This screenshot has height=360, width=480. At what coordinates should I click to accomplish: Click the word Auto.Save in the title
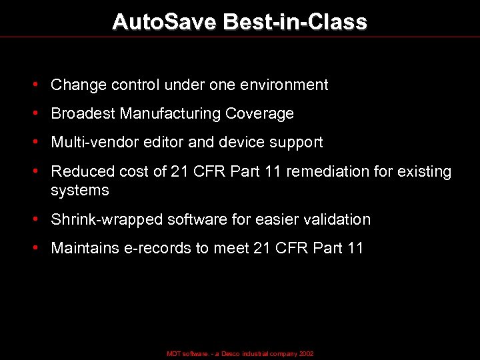165,22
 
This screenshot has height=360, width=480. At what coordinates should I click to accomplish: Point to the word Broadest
83,114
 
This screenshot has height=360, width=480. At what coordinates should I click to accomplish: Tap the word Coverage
259,114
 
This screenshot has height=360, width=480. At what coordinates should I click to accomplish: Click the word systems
79,191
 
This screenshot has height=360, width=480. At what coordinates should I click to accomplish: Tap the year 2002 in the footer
306,354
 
